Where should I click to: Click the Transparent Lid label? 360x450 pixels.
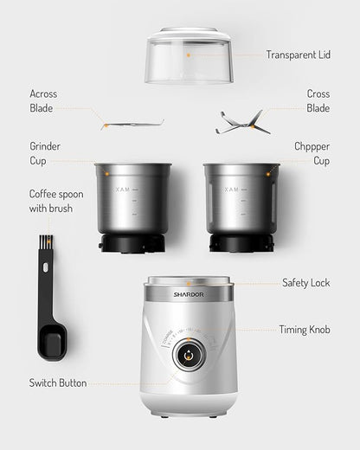pyautogui.click(x=298, y=55)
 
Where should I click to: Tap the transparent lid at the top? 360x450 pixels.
pyautogui.click(x=189, y=55)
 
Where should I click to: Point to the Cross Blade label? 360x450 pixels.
pyautogui.click(x=318, y=100)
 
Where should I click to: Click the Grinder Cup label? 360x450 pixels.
pyautogui.click(x=45, y=153)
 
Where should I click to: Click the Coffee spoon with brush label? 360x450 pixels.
pyautogui.click(x=57, y=201)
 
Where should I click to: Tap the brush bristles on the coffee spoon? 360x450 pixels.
pyautogui.click(x=45, y=243)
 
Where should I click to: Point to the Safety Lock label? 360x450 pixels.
pyautogui.click(x=305, y=283)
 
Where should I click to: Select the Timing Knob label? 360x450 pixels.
pyautogui.click(x=304, y=330)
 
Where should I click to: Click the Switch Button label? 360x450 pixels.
pyautogui.click(x=58, y=382)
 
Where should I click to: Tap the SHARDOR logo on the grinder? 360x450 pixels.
pyautogui.click(x=188, y=292)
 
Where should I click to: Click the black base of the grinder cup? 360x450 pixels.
pyautogui.click(x=132, y=243)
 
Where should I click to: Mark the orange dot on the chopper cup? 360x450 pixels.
pyautogui.click(x=267, y=173)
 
